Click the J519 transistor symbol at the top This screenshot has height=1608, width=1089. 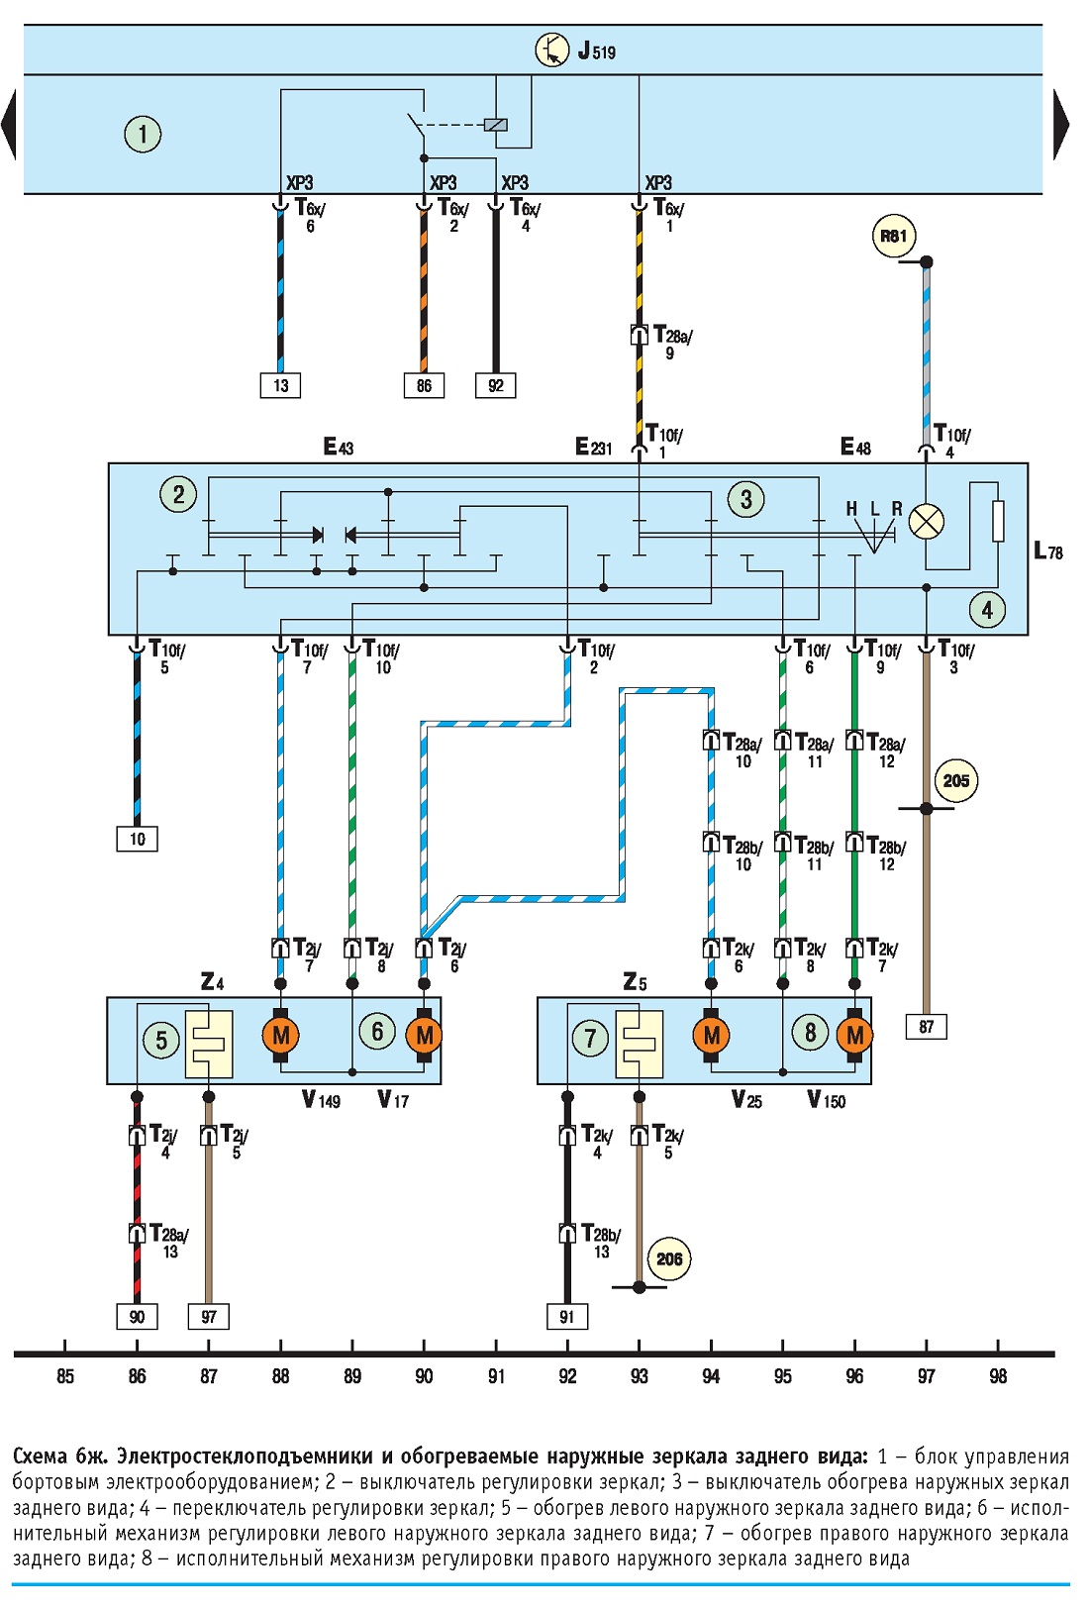(552, 50)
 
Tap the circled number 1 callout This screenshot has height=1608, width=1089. (143, 135)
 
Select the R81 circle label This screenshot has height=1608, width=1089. (894, 236)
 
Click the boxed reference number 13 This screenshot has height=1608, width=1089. (280, 385)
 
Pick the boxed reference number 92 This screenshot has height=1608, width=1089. (495, 385)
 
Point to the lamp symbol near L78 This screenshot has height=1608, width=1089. (926, 522)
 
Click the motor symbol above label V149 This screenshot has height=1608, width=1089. (280, 1035)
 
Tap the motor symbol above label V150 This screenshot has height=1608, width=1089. (854, 1035)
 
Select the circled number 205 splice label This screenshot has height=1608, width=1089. (955, 781)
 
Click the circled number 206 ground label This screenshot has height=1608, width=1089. (669, 1258)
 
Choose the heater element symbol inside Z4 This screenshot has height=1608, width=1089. (209, 1044)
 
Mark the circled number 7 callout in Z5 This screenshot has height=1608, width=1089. (590, 1038)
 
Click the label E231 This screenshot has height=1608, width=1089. (594, 448)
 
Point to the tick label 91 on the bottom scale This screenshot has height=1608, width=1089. (496, 1376)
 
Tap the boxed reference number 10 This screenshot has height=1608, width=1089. (137, 839)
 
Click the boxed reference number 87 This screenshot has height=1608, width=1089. (926, 1027)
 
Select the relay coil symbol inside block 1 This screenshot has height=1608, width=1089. (495, 124)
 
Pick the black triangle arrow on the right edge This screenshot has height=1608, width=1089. (1061, 124)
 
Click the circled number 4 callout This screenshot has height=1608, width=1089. (987, 610)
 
